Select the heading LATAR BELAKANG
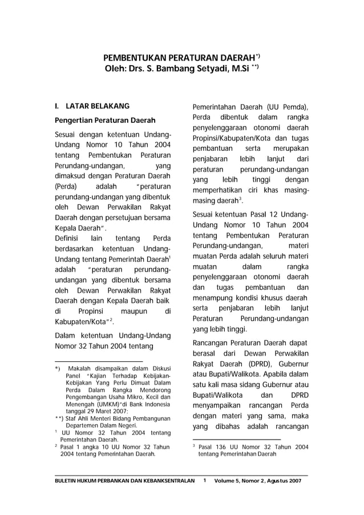pyautogui.click(x=98, y=106)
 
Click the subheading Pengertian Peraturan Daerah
pyautogui.click(x=101, y=121)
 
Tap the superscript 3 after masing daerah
pyautogui.click(x=241, y=198)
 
